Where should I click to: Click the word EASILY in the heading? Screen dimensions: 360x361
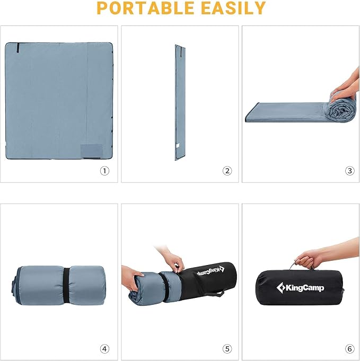click(233, 8)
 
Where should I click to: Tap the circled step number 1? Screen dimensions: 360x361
click(104, 171)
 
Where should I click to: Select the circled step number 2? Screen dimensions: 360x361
click(227, 171)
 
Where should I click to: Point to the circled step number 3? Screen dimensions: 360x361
click(349, 171)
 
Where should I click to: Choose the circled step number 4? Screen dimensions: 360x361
click(104, 349)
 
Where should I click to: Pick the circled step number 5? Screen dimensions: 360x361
click(227, 349)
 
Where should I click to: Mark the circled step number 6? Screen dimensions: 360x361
click(349, 349)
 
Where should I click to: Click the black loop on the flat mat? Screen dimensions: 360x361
click(17, 48)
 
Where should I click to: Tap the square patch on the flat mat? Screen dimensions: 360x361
click(91, 151)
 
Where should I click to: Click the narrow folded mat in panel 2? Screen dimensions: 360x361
click(180, 102)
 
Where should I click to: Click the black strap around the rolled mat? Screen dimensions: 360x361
click(66, 286)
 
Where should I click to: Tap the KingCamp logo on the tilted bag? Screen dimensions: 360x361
click(210, 271)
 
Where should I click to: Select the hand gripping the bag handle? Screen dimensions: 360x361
click(309, 259)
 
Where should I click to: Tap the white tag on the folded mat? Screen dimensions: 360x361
click(178, 145)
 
